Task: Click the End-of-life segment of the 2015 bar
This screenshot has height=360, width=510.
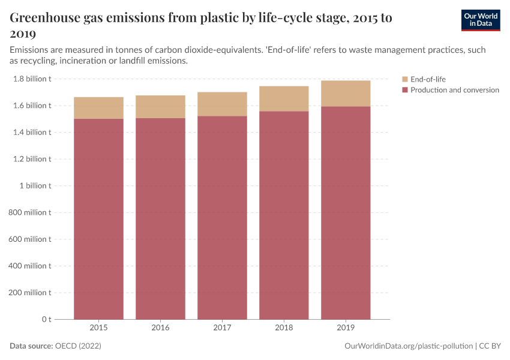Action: [98, 108]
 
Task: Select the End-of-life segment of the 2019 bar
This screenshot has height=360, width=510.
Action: [346, 94]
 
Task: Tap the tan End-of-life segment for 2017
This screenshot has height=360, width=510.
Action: [222, 104]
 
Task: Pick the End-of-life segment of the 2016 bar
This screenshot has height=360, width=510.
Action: [160, 107]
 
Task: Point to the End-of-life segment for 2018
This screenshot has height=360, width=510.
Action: [284, 99]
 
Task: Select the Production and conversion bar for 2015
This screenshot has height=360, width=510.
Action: [98, 218]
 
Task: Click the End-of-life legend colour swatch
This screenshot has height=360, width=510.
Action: [405, 79]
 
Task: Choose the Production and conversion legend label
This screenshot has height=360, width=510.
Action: [454, 90]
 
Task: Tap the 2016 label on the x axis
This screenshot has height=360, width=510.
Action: [160, 328]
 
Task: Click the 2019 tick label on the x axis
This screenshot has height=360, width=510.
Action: [346, 328]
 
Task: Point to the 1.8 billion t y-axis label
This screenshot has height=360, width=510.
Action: [32, 79]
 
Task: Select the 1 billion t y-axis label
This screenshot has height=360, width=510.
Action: [37, 186]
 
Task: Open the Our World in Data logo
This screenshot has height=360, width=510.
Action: [480, 20]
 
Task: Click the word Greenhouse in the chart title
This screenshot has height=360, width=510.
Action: [46, 18]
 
